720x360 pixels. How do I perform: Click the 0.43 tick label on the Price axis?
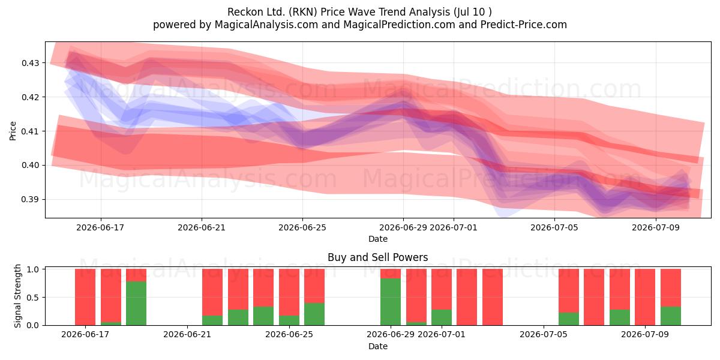pyautogui.click(x=30, y=63)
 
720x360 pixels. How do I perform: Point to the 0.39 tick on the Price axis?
pyautogui.click(x=30, y=199)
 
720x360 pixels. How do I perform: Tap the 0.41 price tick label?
pyautogui.click(x=30, y=131)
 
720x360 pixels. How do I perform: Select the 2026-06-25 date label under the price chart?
pyautogui.click(x=302, y=227)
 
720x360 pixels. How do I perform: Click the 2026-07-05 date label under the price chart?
pyautogui.click(x=554, y=227)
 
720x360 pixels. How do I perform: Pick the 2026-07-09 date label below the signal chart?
pyautogui.click(x=645, y=334)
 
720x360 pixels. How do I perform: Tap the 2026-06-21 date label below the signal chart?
pyautogui.click(x=187, y=334)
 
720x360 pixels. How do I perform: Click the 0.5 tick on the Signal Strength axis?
pyautogui.click(x=34, y=298)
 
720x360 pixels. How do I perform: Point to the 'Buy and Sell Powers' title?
pyautogui.click(x=377, y=257)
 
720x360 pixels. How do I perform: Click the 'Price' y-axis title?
pyautogui.click(x=13, y=131)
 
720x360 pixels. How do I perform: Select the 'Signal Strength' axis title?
pyautogui.click(x=17, y=296)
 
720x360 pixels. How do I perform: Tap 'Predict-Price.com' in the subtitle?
pyautogui.click(x=524, y=25)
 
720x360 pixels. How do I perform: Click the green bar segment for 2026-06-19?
pyautogui.click(x=136, y=304)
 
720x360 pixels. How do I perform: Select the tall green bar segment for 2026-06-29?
pyautogui.click(x=391, y=302)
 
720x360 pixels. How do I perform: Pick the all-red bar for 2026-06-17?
pyautogui.click(x=85, y=297)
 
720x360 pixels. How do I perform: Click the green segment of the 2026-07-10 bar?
pyautogui.click(x=671, y=316)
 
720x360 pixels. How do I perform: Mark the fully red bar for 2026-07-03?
pyautogui.click(x=493, y=297)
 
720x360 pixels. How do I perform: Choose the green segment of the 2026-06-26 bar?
pyautogui.click(x=314, y=314)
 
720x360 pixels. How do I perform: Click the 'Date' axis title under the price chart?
pyautogui.click(x=377, y=239)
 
